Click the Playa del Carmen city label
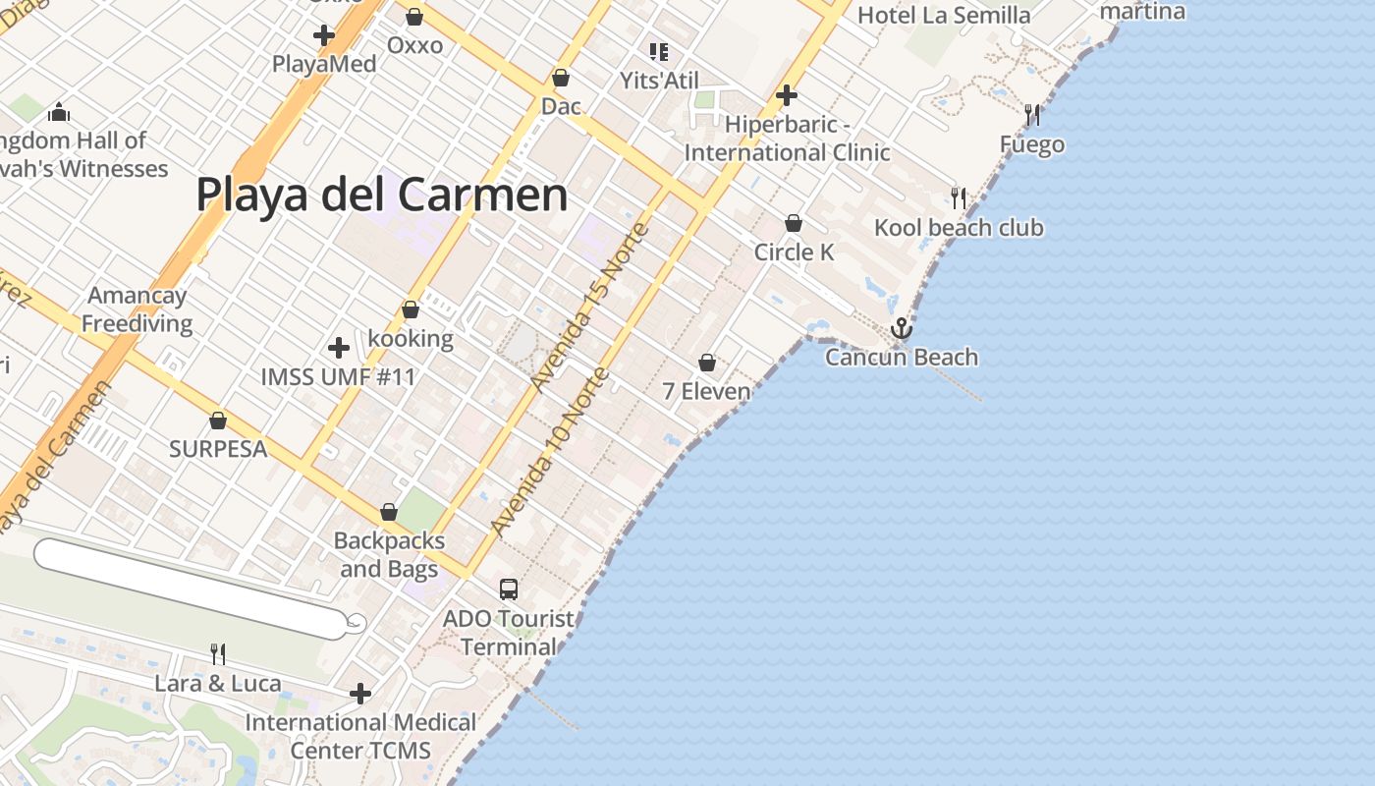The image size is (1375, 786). [382, 195]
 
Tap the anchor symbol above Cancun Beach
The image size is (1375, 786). [902, 328]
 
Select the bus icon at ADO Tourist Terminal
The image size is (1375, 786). [508, 589]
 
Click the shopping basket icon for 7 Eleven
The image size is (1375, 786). [707, 364]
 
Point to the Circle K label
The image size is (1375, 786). [794, 253]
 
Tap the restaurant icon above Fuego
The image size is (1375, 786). [1032, 115]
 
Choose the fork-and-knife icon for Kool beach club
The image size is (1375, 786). [959, 198]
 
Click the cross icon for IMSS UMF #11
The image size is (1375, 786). [338, 348]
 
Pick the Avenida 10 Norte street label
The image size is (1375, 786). [550, 452]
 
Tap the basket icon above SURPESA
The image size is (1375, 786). [218, 421]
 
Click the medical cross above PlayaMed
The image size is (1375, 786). [323, 36]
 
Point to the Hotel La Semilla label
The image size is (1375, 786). [944, 15]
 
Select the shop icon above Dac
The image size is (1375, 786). [561, 78]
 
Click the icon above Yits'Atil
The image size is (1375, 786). [658, 52]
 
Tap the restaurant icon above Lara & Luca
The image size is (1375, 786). [218, 653]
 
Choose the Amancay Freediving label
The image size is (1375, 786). [137, 309]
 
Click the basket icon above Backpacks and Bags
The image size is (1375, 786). [389, 513]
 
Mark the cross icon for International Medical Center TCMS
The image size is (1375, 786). [360, 694]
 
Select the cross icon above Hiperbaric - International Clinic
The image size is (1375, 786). [786, 95]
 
